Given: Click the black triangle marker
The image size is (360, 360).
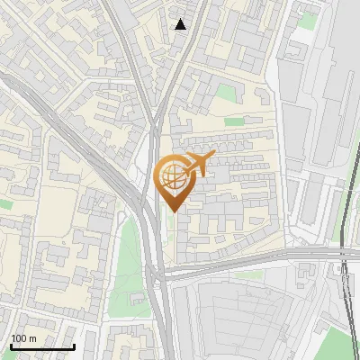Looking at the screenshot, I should (181, 24).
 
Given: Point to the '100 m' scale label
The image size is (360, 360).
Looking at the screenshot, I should (23, 338).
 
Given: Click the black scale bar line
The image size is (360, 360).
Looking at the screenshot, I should (42, 346).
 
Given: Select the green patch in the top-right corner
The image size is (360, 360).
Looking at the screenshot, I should (308, 20).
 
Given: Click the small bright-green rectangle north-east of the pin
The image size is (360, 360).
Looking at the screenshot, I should (235, 121).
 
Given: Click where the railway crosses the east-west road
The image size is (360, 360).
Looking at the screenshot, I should (344, 256).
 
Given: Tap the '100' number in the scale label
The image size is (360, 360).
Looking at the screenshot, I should (17, 338).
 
